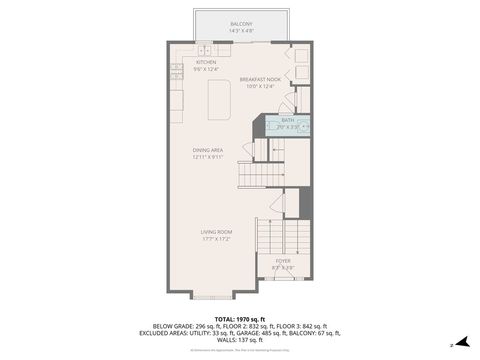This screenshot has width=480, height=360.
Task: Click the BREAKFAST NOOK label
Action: pyautogui.click(x=258, y=79)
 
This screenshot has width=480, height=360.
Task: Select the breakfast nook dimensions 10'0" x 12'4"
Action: pyautogui.click(x=258, y=86)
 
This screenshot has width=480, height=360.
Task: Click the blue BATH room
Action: pyautogui.click(x=288, y=124)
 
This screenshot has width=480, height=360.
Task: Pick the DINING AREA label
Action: pyautogui.click(x=208, y=150)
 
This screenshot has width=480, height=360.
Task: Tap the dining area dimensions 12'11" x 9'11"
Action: pyautogui.click(x=208, y=157)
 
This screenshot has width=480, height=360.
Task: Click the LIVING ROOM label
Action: pyautogui.click(x=216, y=231)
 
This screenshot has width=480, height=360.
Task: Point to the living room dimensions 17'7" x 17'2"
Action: pyautogui.click(x=216, y=238)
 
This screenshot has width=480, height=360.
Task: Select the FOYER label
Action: pyautogui.click(x=283, y=260)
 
